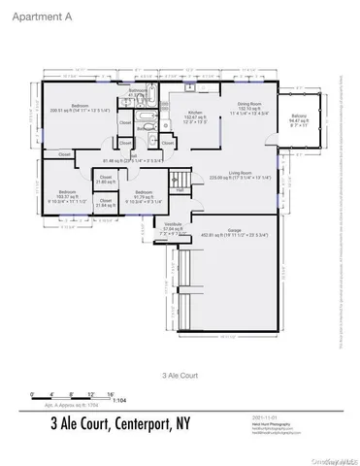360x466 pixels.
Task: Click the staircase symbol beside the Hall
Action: click(x=180, y=179)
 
